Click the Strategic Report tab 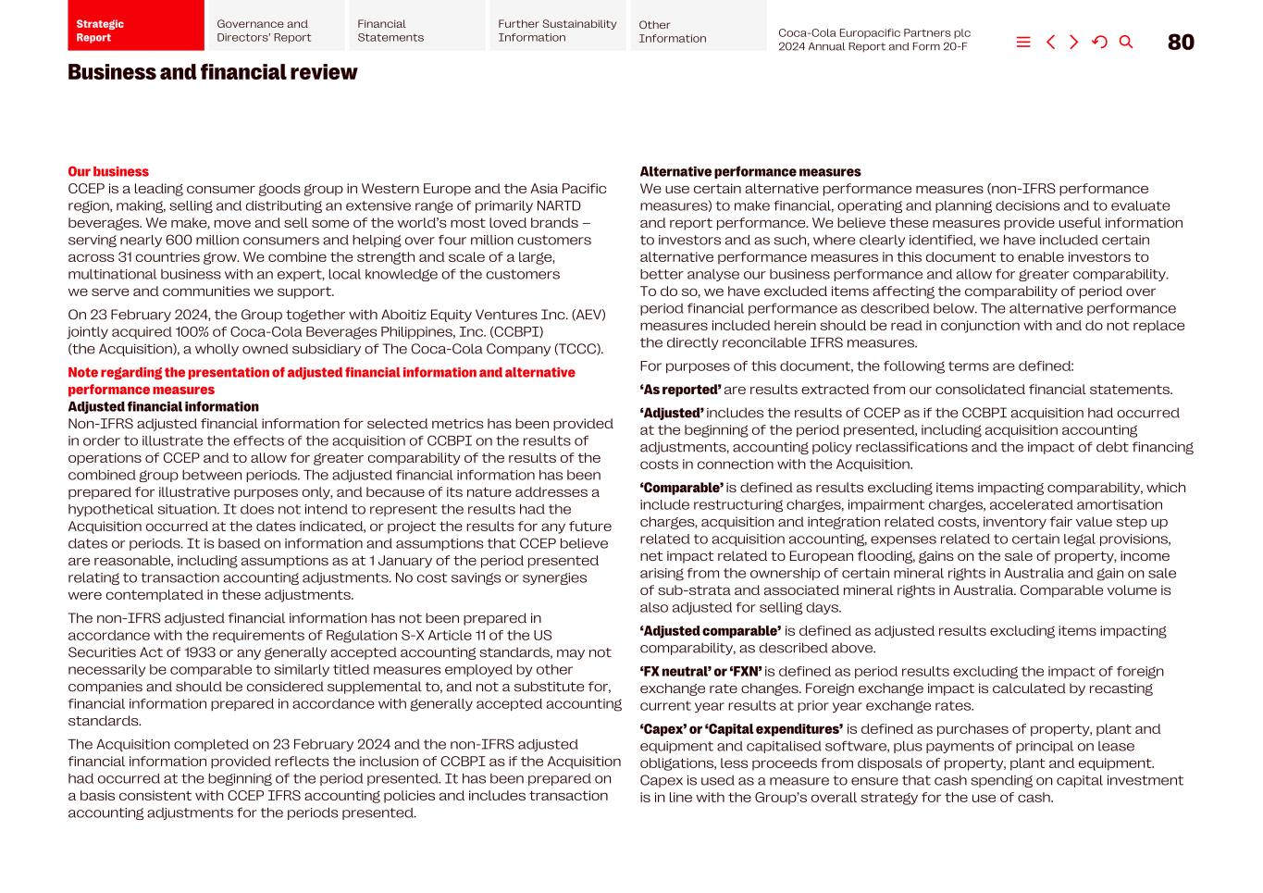(x=135, y=30)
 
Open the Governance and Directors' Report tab (x=276, y=31)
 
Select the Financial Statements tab (x=416, y=31)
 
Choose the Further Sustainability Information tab (x=557, y=31)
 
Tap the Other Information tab (x=698, y=31)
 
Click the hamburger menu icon (x=1023, y=43)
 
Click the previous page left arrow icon (x=1050, y=43)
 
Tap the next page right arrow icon (x=1074, y=43)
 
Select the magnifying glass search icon (x=1126, y=43)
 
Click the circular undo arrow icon (x=1099, y=43)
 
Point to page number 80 (x=1181, y=43)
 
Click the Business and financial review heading (x=212, y=72)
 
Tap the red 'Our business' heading (x=107, y=171)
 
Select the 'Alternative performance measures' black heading (x=749, y=171)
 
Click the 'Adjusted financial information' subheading (x=163, y=406)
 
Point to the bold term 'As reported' (x=680, y=390)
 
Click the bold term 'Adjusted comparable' (x=710, y=631)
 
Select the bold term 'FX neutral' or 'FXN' (x=700, y=672)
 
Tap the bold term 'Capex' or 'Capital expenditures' (x=741, y=729)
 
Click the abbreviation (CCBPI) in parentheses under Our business (x=515, y=331)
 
